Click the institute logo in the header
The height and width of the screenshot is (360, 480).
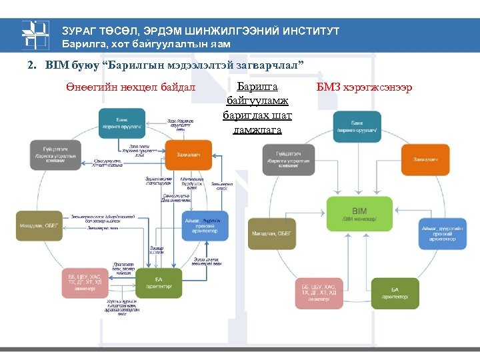(x=35, y=36)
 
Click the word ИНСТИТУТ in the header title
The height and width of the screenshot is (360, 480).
(x=306, y=31)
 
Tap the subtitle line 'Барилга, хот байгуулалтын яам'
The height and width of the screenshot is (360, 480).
(x=146, y=44)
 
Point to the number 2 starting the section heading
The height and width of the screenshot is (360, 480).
(x=30, y=66)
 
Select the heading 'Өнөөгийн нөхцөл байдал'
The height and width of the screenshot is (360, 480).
(x=131, y=87)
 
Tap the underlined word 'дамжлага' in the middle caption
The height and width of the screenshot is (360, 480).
(x=257, y=130)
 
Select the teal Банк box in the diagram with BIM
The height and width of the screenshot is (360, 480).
(x=357, y=126)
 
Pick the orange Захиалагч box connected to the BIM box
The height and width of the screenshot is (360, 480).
(x=425, y=160)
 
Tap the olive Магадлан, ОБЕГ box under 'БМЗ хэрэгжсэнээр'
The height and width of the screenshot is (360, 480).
(x=271, y=233)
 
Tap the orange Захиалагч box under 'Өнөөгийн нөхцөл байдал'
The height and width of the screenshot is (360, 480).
(x=189, y=155)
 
